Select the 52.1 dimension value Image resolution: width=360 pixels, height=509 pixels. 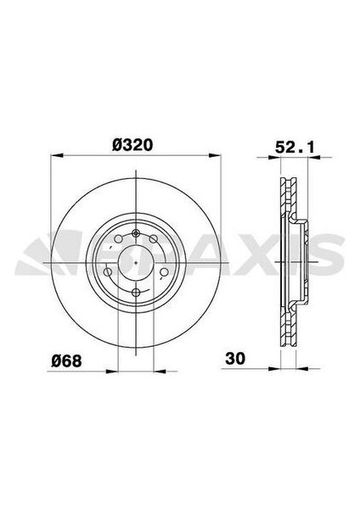click(292, 147)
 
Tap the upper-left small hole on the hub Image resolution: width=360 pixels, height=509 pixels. click(115, 241)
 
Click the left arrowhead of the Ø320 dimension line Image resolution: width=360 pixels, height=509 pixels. click(56, 156)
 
